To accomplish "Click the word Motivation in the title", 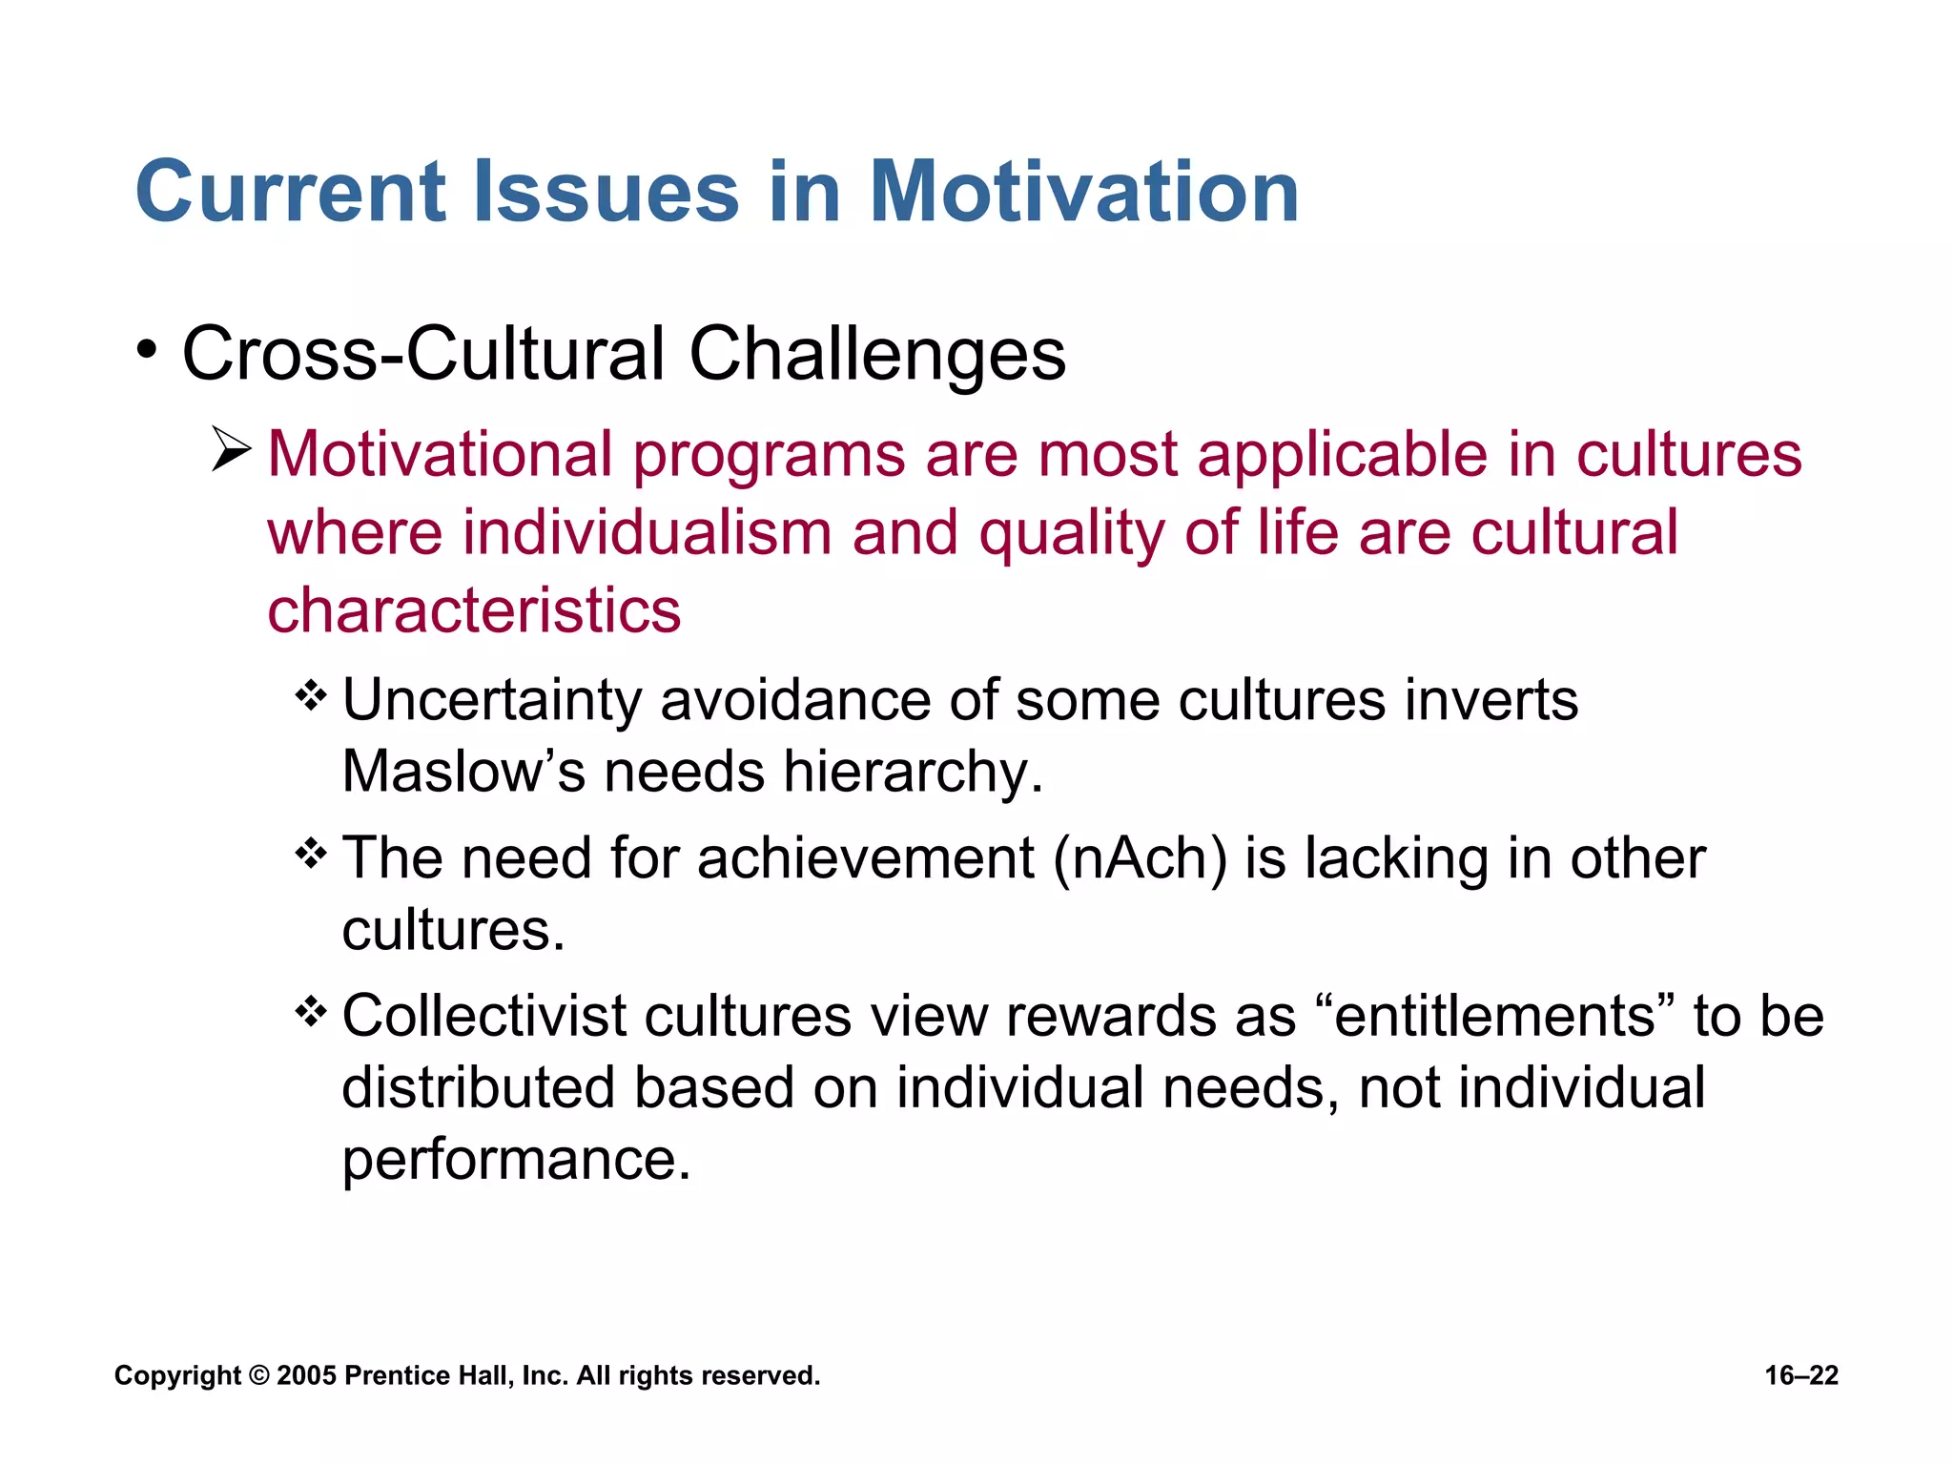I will [1083, 192].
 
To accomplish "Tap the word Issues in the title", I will [606, 192].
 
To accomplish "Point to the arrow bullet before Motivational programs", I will [231, 449].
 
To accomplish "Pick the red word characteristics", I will [474, 610].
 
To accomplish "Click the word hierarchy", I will [913, 773].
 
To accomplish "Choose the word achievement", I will [866, 858].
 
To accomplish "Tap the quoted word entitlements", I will [1494, 1016].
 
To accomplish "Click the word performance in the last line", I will [515, 1160].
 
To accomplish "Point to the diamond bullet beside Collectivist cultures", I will [311, 1011].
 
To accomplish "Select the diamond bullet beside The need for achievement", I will [311, 853].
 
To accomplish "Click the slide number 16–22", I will [1801, 1375].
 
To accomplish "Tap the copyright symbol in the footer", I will [258, 1375].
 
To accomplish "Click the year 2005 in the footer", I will [306, 1375].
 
